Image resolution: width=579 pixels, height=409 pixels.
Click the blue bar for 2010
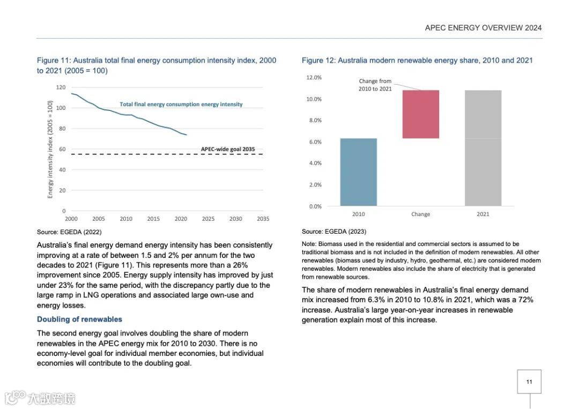click(358, 172)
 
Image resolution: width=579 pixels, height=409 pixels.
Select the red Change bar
click(421, 114)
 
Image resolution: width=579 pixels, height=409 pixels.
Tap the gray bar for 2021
click(483, 148)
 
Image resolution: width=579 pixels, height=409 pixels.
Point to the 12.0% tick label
click(314, 78)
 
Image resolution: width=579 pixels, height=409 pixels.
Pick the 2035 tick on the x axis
click(263, 219)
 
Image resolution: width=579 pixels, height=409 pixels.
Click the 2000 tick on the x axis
click(71, 219)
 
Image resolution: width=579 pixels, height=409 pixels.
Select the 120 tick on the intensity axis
click(61, 87)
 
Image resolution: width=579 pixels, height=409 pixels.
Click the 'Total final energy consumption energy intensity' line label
click(181, 105)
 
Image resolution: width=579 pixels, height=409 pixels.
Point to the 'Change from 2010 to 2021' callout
click(375, 85)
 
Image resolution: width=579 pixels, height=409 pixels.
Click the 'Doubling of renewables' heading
click(79, 319)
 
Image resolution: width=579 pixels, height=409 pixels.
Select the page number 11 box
click(529, 382)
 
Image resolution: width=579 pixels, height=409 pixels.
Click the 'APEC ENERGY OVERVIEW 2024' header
click(483, 28)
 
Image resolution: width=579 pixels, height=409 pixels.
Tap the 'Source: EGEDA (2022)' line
click(69, 232)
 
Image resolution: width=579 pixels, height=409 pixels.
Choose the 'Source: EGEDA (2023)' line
click(334, 232)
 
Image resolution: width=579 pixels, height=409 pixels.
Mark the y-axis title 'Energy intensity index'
click(50, 149)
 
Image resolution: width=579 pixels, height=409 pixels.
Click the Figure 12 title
click(417, 61)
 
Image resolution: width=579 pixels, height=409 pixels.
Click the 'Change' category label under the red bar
click(420, 214)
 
